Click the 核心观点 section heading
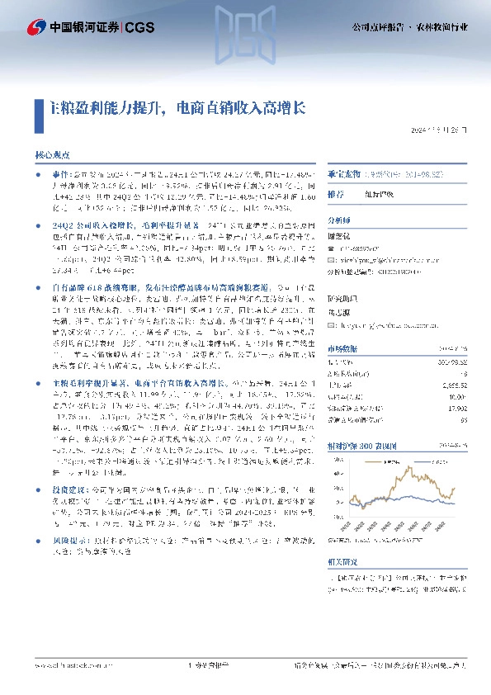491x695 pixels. [x=52, y=154]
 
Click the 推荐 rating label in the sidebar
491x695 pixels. [x=337, y=194]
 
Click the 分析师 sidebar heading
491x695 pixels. [x=339, y=220]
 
